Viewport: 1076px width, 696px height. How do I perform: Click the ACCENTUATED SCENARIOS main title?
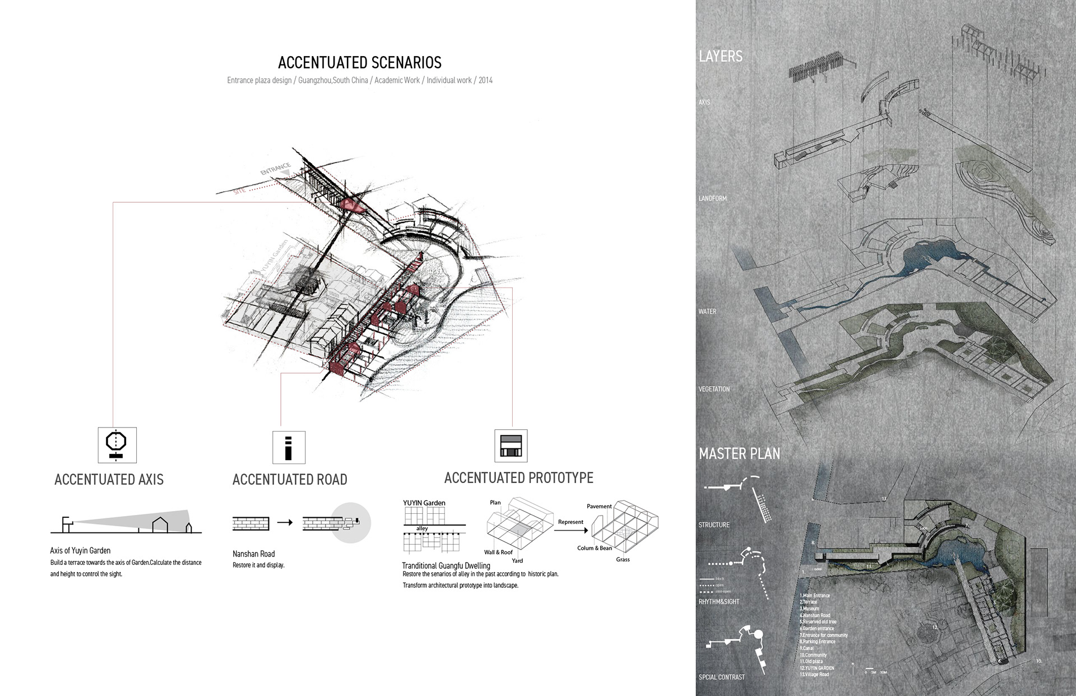click(359, 63)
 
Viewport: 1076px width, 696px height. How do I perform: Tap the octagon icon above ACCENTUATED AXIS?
click(117, 444)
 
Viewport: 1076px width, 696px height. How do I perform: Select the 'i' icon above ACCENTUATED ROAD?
click(289, 447)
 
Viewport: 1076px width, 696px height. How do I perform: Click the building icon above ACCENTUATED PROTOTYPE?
click(511, 446)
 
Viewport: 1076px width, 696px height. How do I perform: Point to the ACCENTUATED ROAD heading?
click(290, 480)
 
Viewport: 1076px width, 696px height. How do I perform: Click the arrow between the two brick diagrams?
click(285, 522)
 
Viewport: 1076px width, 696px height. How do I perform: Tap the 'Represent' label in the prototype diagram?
click(571, 522)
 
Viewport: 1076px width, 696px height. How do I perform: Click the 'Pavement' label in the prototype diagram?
click(599, 506)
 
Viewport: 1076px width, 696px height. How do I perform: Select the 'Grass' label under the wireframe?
click(623, 559)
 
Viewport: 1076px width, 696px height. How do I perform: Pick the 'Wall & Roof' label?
click(498, 552)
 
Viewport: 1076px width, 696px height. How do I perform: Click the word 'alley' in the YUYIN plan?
click(422, 528)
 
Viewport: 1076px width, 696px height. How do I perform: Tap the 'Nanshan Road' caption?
click(253, 554)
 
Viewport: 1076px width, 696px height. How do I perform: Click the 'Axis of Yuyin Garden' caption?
click(80, 550)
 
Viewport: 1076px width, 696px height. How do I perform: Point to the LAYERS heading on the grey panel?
click(721, 56)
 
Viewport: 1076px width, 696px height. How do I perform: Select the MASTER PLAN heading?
click(739, 453)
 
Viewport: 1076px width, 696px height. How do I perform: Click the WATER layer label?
click(707, 312)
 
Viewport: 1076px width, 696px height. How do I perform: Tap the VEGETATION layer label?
click(714, 389)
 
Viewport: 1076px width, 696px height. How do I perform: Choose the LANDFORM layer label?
click(712, 198)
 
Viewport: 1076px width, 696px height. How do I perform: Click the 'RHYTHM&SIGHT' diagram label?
click(719, 601)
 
